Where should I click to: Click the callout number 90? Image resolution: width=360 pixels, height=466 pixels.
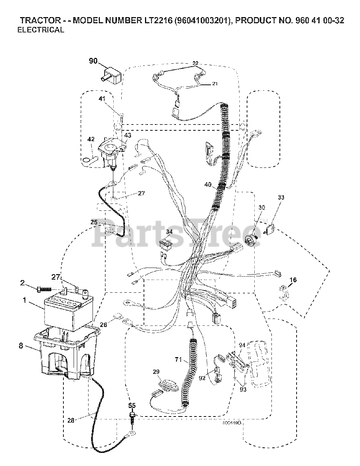click(93, 61)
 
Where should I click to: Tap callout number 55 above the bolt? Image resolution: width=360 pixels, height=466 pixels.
click(132, 404)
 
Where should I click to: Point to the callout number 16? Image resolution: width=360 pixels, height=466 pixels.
click(293, 280)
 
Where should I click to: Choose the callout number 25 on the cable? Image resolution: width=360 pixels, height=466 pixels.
click(94, 222)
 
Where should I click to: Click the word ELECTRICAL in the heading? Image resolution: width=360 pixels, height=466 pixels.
click(41, 30)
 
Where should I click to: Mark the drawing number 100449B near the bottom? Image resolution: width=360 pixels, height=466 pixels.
click(232, 423)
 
